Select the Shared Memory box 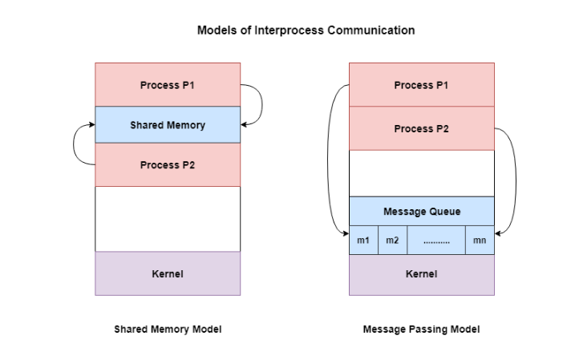coord(168,125)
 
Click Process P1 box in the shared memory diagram coord(168,85)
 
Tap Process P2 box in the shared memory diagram coord(168,165)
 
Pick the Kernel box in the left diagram coord(168,274)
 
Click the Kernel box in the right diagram coord(421,274)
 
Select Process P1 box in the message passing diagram coord(421,85)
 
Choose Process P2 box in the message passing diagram coord(421,128)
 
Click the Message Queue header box coord(421,212)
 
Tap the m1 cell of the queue coord(363,241)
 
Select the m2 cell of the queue coord(392,241)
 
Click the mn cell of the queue coord(480,241)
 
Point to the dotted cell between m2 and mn coord(436,241)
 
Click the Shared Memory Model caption coord(168,330)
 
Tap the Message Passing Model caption coord(421,330)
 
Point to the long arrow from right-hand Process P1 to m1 coord(328,160)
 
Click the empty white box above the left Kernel coord(168,219)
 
